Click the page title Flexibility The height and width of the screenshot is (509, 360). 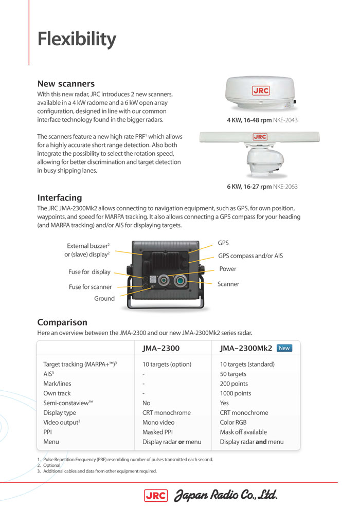(x=77, y=40)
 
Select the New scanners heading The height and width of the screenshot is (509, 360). (x=66, y=84)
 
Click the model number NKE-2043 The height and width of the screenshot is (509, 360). (x=286, y=120)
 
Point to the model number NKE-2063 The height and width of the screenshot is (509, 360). (x=285, y=187)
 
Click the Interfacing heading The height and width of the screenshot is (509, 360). (x=60, y=198)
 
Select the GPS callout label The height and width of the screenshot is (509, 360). (x=223, y=243)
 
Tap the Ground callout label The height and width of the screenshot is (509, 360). (x=104, y=299)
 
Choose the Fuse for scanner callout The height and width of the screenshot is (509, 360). (x=90, y=287)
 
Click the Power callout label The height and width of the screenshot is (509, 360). (x=228, y=269)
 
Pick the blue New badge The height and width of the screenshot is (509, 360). (x=284, y=348)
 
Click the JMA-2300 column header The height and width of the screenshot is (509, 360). (x=161, y=349)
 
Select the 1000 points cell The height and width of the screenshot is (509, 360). (x=236, y=393)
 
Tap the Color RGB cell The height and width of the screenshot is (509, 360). (x=233, y=423)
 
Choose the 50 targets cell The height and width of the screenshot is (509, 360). (x=233, y=374)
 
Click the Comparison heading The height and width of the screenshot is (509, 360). (x=62, y=322)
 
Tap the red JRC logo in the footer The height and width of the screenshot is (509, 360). (x=156, y=495)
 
